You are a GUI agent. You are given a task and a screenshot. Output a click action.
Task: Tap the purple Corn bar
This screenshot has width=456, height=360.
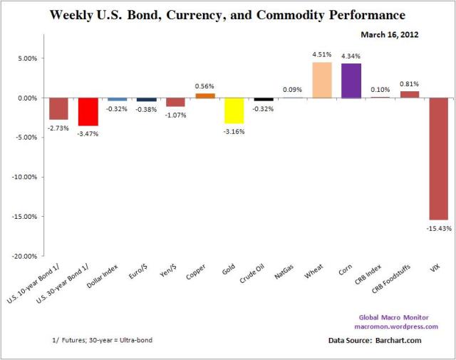pos(351,81)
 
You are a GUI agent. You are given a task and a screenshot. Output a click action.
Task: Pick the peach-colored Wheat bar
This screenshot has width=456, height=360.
pos(322,80)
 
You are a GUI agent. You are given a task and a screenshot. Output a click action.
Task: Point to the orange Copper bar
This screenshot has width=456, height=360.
pos(205,96)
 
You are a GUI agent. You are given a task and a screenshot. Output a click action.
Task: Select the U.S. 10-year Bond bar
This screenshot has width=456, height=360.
pos(58,108)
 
